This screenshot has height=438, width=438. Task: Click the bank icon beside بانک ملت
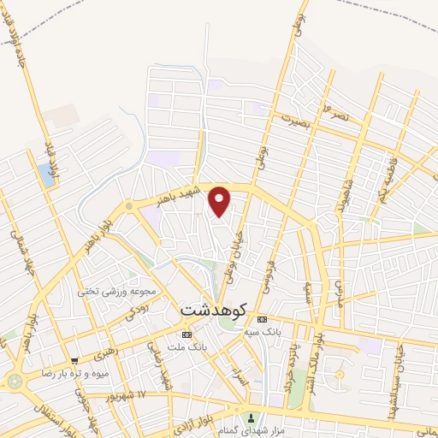186,334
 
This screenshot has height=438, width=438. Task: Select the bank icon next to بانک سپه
262,319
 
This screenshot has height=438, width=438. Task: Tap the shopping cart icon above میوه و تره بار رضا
75,361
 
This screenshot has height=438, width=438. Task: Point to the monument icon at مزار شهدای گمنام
251,418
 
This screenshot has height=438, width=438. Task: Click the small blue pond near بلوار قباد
45,175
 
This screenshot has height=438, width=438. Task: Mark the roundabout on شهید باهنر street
129,206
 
